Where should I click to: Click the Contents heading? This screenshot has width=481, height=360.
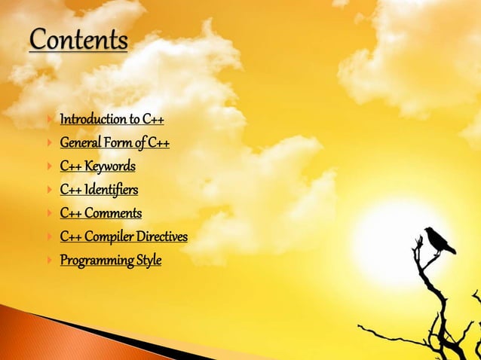78,40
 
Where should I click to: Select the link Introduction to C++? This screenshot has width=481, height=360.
112,119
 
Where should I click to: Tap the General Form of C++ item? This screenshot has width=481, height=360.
114,142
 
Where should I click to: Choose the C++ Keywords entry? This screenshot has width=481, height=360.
97,166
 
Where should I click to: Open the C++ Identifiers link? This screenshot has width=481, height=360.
99,189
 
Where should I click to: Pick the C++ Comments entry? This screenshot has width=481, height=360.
100,213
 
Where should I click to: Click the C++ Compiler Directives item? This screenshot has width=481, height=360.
124,237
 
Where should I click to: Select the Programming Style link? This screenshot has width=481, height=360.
110,261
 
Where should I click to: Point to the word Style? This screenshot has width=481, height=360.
148,261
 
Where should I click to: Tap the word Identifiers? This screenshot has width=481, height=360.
112,189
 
